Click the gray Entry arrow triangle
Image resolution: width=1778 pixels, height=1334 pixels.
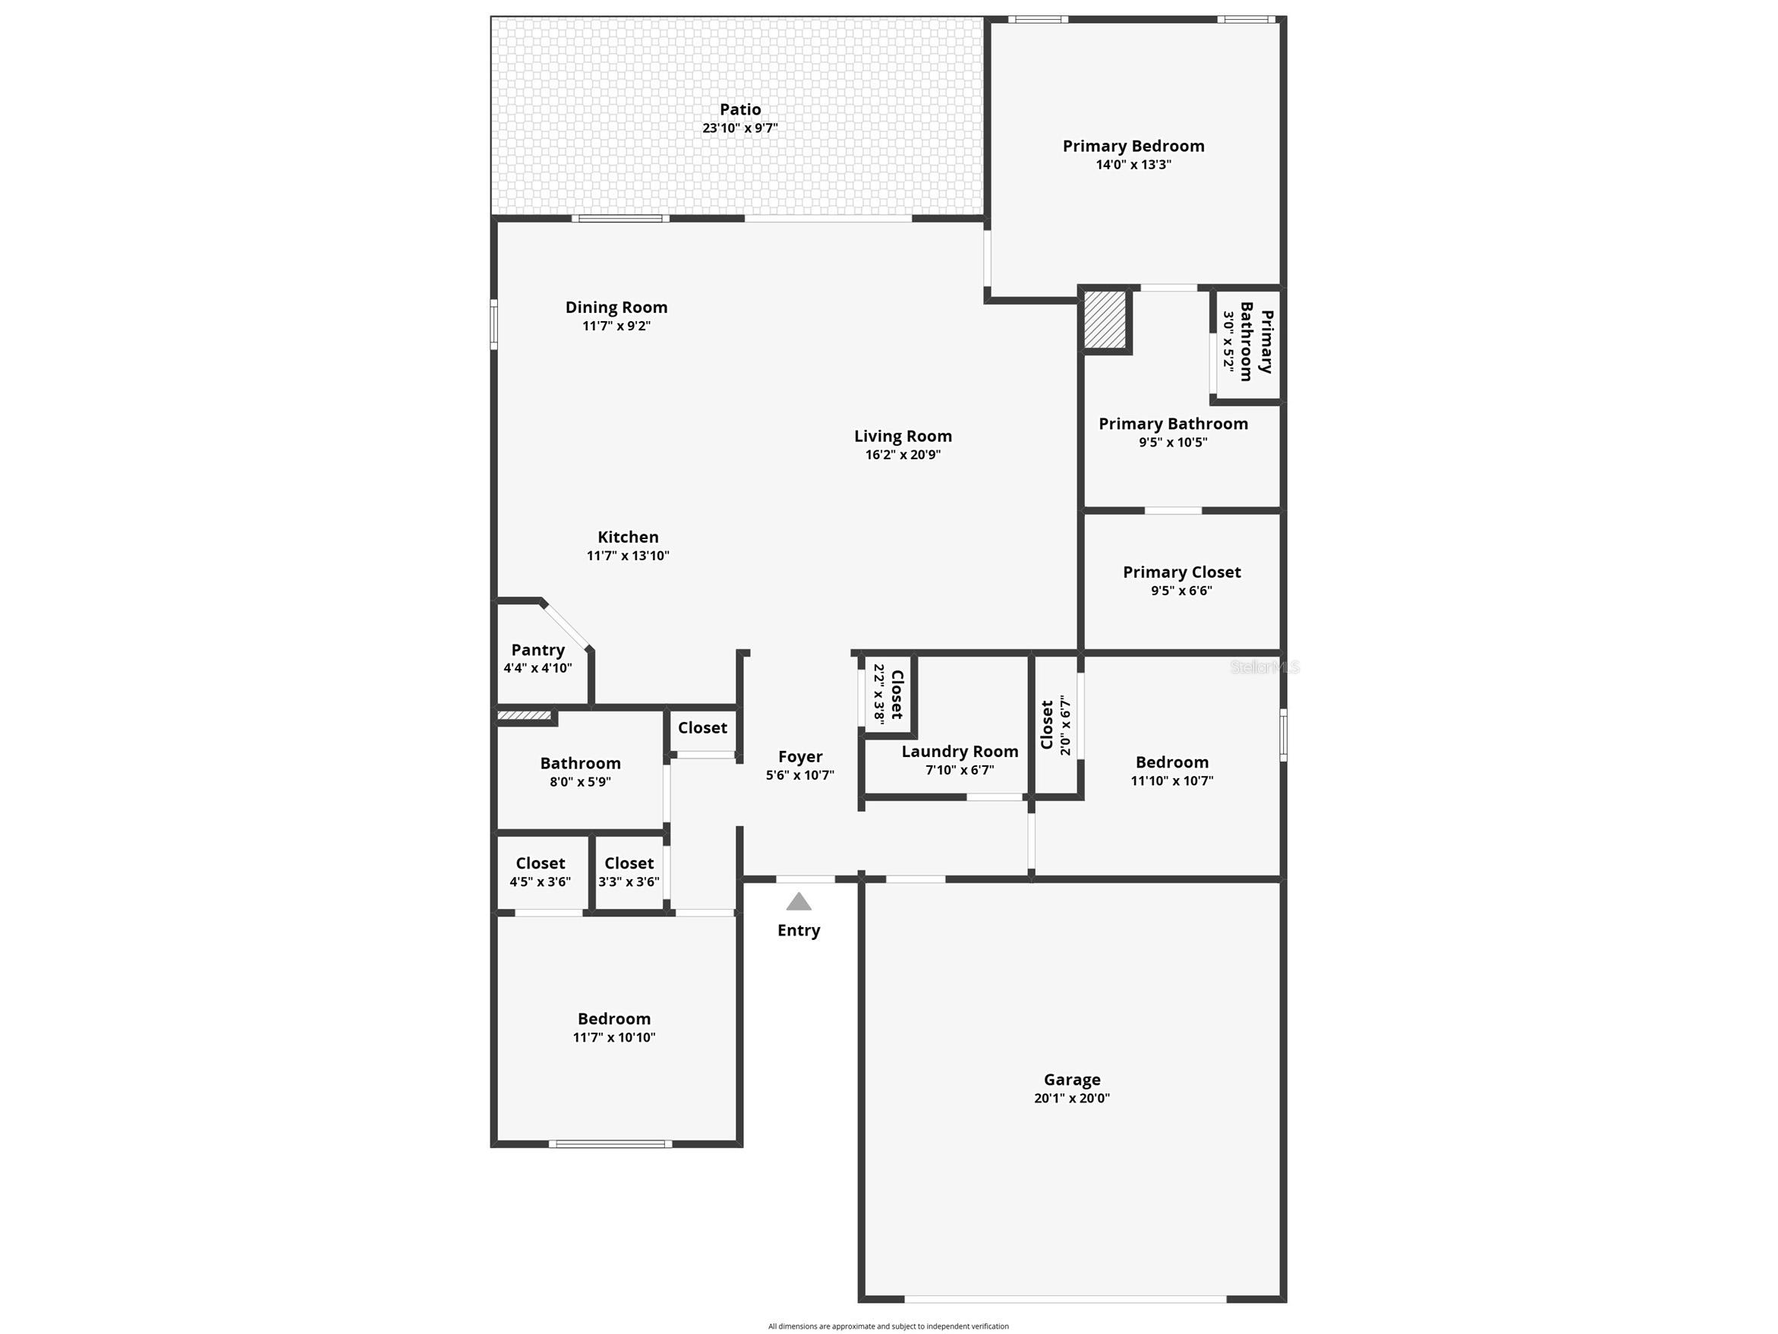click(x=798, y=902)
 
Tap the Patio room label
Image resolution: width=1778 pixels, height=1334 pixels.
click(x=739, y=109)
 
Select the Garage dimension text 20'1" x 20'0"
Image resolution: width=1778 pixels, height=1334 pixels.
click(x=1071, y=1099)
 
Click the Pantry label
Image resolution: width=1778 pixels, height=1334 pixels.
click(x=537, y=650)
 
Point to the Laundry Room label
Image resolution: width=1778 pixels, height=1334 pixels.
click(x=960, y=751)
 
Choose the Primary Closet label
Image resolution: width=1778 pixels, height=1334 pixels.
click(x=1181, y=572)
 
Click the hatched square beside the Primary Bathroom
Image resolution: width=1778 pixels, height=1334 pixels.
click(x=1105, y=319)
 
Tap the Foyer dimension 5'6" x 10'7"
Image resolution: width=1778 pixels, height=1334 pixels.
click(x=799, y=775)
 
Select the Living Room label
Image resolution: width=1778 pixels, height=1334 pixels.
click(x=903, y=436)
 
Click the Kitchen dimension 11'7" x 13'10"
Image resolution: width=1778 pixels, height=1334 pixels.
click(x=628, y=556)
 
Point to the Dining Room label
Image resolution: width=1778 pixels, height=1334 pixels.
click(x=616, y=307)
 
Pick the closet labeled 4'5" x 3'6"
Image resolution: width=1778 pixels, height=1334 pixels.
click(x=540, y=872)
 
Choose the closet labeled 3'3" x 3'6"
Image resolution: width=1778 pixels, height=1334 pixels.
click(x=629, y=872)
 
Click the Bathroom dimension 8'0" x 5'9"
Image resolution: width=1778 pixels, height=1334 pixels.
click(x=579, y=781)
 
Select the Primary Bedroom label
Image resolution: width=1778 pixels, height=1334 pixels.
click(x=1133, y=146)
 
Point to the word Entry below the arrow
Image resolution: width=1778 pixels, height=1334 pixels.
click(x=798, y=930)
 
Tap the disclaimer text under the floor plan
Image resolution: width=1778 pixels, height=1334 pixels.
click(x=888, y=1326)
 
